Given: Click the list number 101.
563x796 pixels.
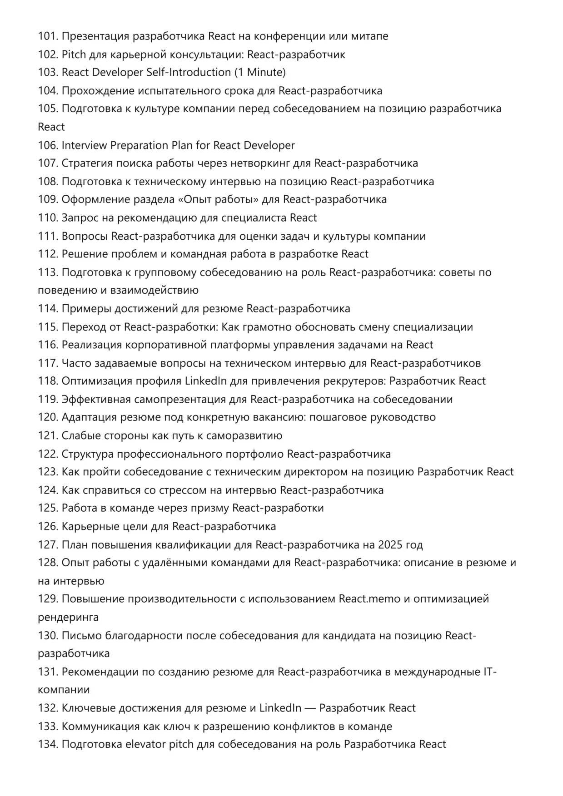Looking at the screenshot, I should tap(48, 36).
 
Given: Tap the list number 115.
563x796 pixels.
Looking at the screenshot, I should tap(48, 327).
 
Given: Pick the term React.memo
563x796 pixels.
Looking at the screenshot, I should tap(369, 599).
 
